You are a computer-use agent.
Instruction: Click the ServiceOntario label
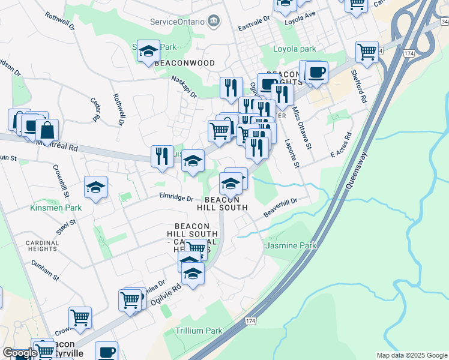tap(178, 22)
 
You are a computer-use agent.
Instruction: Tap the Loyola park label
tap(295, 49)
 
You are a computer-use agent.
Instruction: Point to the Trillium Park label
tap(199, 331)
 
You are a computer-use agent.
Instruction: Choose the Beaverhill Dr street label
tap(280, 208)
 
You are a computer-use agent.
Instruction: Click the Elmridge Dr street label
tap(176, 197)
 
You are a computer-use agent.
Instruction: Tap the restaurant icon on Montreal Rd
tap(161, 156)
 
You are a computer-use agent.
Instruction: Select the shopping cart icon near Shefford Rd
tap(366, 51)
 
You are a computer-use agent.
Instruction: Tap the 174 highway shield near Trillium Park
tap(250, 322)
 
